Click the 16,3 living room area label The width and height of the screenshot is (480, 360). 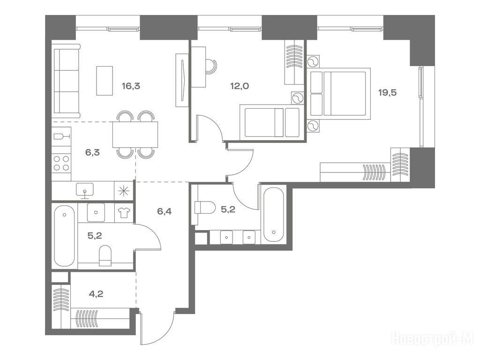pyautogui.click(x=131, y=86)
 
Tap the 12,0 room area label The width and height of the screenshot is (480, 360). pyautogui.click(x=240, y=86)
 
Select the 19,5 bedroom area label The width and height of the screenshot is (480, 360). pyautogui.click(x=388, y=92)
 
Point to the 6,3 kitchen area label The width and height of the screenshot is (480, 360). pyautogui.click(x=92, y=152)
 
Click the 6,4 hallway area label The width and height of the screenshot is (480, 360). pyautogui.click(x=164, y=211)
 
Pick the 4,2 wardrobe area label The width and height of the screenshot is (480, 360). pyautogui.click(x=96, y=294)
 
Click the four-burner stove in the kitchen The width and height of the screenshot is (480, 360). pyautogui.click(x=61, y=163)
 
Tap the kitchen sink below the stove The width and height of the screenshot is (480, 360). pyautogui.click(x=85, y=191)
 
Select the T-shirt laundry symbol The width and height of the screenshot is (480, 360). pyautogui.click(x=124, y=212)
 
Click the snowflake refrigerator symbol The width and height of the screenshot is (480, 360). pyautogui.click(x=124, y=191)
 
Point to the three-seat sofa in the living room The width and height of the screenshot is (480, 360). pyautogui.click(x=66, y=81)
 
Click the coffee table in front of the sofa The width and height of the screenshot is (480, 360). pyautogui.click(x=105, y=81)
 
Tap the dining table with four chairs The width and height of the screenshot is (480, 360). pyautogui.click(x=135, y=135)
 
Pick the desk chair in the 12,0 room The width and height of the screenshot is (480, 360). pyautogui.click(x=210, y=66)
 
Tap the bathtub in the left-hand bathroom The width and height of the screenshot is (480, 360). pyautogui.click(x=64, y=236)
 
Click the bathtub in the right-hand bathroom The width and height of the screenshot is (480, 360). pyautogui.click(x=273, y=215)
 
